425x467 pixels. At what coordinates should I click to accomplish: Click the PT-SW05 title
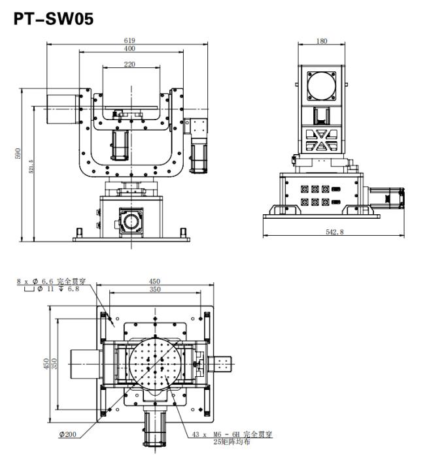pos(54,18)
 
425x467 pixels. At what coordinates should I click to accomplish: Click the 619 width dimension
pos(129,40)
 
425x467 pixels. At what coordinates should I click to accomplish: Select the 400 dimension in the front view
pos(129,48)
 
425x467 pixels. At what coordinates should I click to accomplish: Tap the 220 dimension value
pos(129,64)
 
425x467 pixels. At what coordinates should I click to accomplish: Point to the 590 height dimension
pos(18,153)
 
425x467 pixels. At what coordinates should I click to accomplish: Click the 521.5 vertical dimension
pos(31,167)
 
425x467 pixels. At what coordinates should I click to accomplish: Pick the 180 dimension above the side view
pos(322,41)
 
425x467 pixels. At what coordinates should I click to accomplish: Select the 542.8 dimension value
pos(335,232)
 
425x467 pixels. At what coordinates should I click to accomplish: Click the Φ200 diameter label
pos(68,434)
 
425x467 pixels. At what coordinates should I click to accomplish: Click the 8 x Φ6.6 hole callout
pos(51,281)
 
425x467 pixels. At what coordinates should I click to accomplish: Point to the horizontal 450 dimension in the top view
pos(154,281)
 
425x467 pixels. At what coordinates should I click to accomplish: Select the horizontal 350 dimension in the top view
pos(155,289)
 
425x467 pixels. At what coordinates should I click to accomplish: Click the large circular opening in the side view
pos(322,86)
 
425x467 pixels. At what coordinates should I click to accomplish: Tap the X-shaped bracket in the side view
pos(322,140)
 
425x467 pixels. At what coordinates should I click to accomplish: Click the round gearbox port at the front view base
pos(131,222)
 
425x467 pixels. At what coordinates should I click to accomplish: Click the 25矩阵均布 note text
pos(231,442)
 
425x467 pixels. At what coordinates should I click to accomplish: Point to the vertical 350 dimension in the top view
pos(54,364)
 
